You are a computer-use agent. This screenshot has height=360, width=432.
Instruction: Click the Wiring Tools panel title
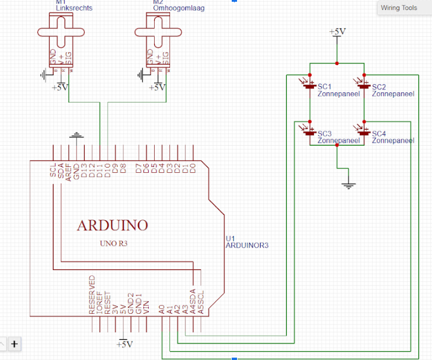(x=399, y=8)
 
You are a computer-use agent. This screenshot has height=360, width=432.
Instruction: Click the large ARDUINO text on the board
(x=112, y=225)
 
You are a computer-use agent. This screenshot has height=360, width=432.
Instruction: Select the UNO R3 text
(x=113, y=243)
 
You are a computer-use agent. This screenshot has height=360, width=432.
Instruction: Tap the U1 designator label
(x=230, y=239)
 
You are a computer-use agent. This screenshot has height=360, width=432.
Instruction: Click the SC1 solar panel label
(x=324, y=86)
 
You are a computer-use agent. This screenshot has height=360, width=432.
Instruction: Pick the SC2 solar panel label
(x=379, y=86)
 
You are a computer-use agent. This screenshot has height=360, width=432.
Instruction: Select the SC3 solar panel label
(x=324, y=134)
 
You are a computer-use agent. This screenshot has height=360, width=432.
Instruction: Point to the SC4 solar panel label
(x=379, y=134)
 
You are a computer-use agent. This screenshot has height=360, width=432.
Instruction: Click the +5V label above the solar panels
(x=337, y=31)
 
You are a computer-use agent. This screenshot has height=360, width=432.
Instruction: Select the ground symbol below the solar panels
(x=349, y=185)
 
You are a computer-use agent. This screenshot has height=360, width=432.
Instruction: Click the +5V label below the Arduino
(x=124, y=344)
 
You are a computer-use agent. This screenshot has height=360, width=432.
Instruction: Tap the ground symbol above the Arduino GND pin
(x=76, y=136)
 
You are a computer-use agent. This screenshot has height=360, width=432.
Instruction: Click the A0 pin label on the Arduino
(x=161, y=308)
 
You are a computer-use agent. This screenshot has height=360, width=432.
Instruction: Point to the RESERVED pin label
(x=92, y=294)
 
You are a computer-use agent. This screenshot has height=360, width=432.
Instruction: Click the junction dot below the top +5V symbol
(x=337, y=63)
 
